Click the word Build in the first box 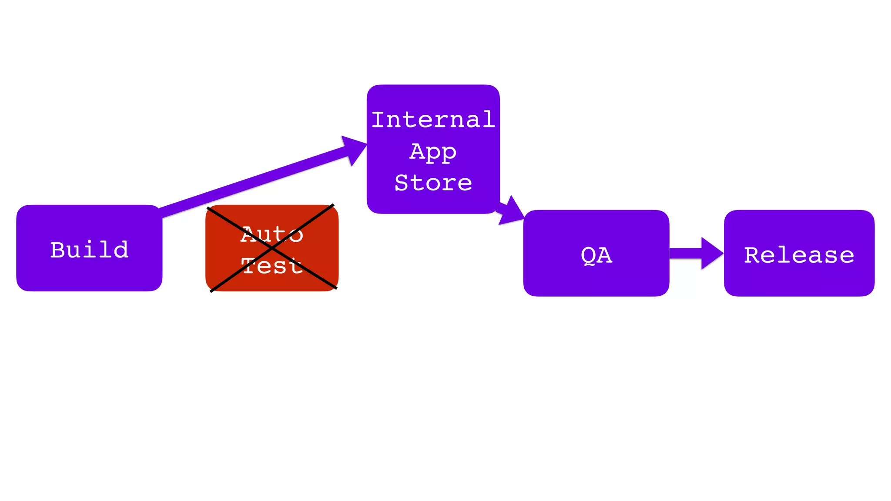click(x=90, y=250)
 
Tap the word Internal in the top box click(x=433, y=120)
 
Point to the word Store click(x=433, y=183)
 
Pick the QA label click(x=596, y=255)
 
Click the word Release click(x=799, y=255)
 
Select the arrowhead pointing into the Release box click(x=711, y=254)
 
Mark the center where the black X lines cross click(x=272, y=248)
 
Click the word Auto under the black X click(x=272, y=234)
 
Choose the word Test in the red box click(x=272, y=266)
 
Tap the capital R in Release click(x=752, y=255)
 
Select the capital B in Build click(x=58, y=250)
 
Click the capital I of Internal click(x=379, y=120)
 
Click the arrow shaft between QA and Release click(x=685, y=254)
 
